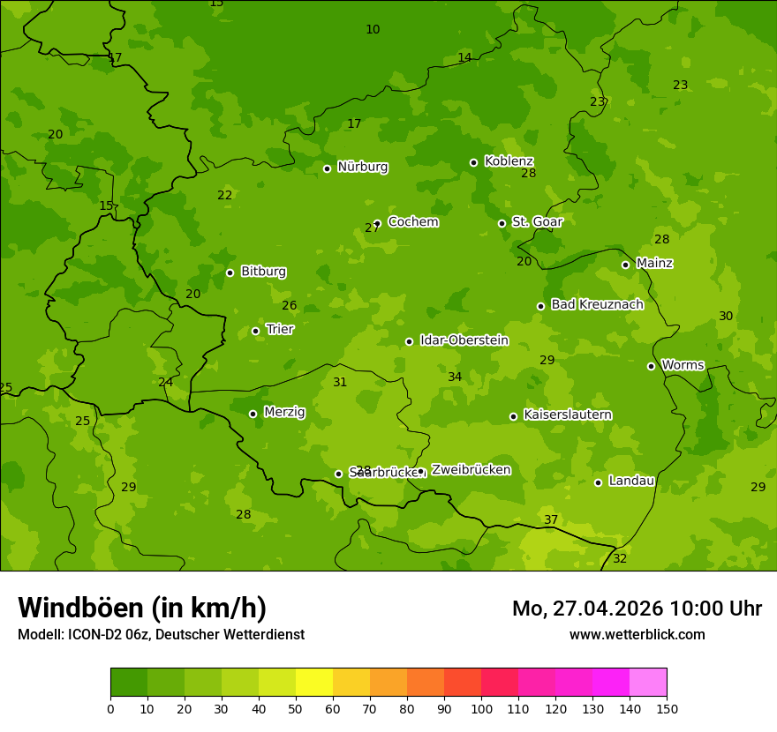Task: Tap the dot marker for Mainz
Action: click(x=625, y=265)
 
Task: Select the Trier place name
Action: click(x=280, y=329)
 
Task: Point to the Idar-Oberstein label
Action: click(x=464, y=340)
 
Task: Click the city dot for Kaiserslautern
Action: click(x=513, y=416)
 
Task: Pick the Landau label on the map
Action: click(x=631, y=481)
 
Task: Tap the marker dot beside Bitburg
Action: click(x=230, y=273)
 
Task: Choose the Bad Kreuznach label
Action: click(x=597, y=304)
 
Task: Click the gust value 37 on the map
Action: click(x=551, y=519)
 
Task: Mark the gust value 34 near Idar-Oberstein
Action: click(x=455, y=377)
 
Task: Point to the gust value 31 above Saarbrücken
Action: click(x=340, y=382)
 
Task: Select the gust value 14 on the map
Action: click(x=464, y=58)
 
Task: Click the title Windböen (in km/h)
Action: click(x=142, y=608)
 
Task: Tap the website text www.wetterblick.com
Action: click(x=637, y=634)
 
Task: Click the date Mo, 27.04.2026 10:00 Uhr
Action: click(x=637, y=609)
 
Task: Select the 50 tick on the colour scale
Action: click(x=296, y=708)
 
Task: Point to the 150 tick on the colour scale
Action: click(x=667, y=708)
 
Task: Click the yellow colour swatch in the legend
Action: click(x=314, y=683)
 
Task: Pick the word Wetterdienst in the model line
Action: click(x=263, y=634)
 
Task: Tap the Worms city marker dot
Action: click(x=651, y=366)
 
